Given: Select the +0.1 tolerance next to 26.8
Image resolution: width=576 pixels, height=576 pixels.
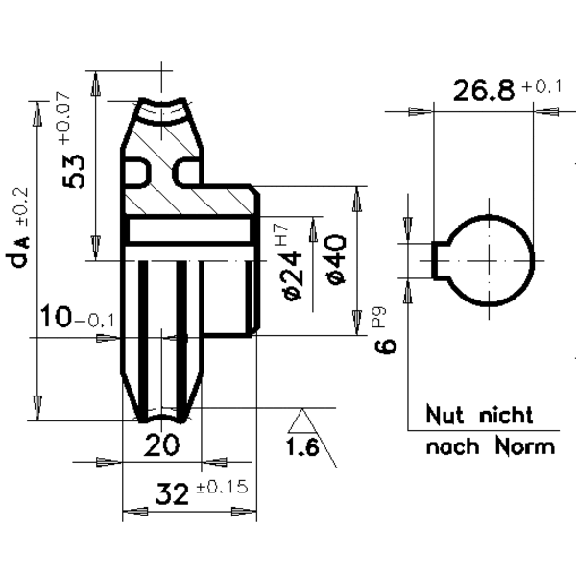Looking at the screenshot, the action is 541,86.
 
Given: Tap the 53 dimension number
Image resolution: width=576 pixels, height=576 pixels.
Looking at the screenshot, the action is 74,172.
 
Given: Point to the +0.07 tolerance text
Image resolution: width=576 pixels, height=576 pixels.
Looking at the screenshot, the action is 64,117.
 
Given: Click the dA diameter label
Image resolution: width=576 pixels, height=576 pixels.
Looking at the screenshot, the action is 17,252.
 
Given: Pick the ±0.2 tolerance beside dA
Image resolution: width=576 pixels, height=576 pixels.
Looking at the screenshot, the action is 21,206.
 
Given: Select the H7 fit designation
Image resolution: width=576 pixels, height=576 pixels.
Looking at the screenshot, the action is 281,235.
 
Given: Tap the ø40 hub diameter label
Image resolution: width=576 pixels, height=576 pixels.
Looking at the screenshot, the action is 336,260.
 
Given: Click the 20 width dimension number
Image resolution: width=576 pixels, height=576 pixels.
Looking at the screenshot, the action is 161,444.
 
